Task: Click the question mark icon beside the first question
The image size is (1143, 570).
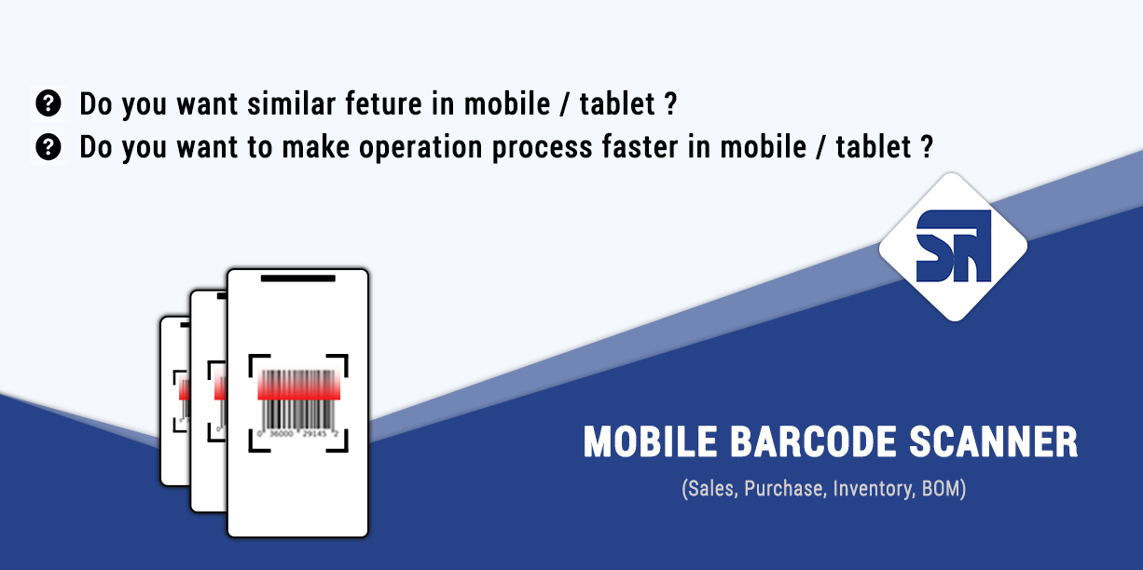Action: [x=48, y=103]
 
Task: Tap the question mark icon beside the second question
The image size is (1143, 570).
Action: [x=48, y=147]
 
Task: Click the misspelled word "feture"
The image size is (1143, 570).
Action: [x=384, y=103]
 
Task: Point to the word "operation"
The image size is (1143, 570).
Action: [x=420, y=148]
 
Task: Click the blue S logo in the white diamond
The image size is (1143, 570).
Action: [x=953, y=246]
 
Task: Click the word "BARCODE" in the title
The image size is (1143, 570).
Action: [x=813, y=441]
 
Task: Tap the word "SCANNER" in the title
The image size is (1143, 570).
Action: [x=994, y=441]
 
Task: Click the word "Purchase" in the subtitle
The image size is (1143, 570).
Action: [x=784, y=488]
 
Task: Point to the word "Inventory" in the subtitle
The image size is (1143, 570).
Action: [x=873, y=488]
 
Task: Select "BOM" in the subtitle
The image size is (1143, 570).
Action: [x=941, y=488]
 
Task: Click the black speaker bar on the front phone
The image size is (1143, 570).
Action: [x=298, y=278]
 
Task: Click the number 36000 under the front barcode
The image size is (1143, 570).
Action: [x=282, y=434]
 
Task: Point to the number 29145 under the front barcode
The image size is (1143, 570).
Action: [x=314, y=434]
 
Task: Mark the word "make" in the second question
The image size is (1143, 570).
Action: [x=316, y=147]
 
